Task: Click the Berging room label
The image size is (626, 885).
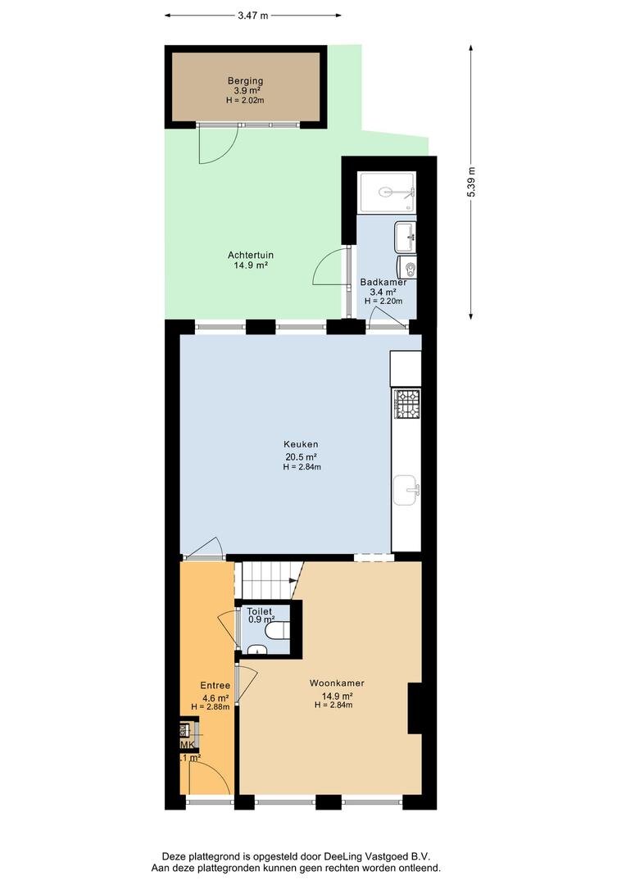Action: pos(245,80)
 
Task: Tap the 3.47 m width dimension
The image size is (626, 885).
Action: pos(252,16)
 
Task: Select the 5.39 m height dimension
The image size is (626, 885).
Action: pos(471,182)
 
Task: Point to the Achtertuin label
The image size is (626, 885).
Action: pos(251,255)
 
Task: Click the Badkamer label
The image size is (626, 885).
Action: pos(383,282)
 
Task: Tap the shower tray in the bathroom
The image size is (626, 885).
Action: pos(388,193)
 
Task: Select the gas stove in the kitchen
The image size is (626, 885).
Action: pos(406,404)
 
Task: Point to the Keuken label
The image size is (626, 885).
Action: pos(301,444)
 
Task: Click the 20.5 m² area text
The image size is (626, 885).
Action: pos(301,457)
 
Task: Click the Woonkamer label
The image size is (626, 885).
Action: pos(337,683)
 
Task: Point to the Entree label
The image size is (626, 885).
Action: pos(215,685)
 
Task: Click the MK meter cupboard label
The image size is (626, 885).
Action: pos(188,745)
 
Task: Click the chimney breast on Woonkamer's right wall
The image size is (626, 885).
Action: pos(415,708)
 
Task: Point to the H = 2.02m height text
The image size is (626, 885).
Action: pos(245,101)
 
